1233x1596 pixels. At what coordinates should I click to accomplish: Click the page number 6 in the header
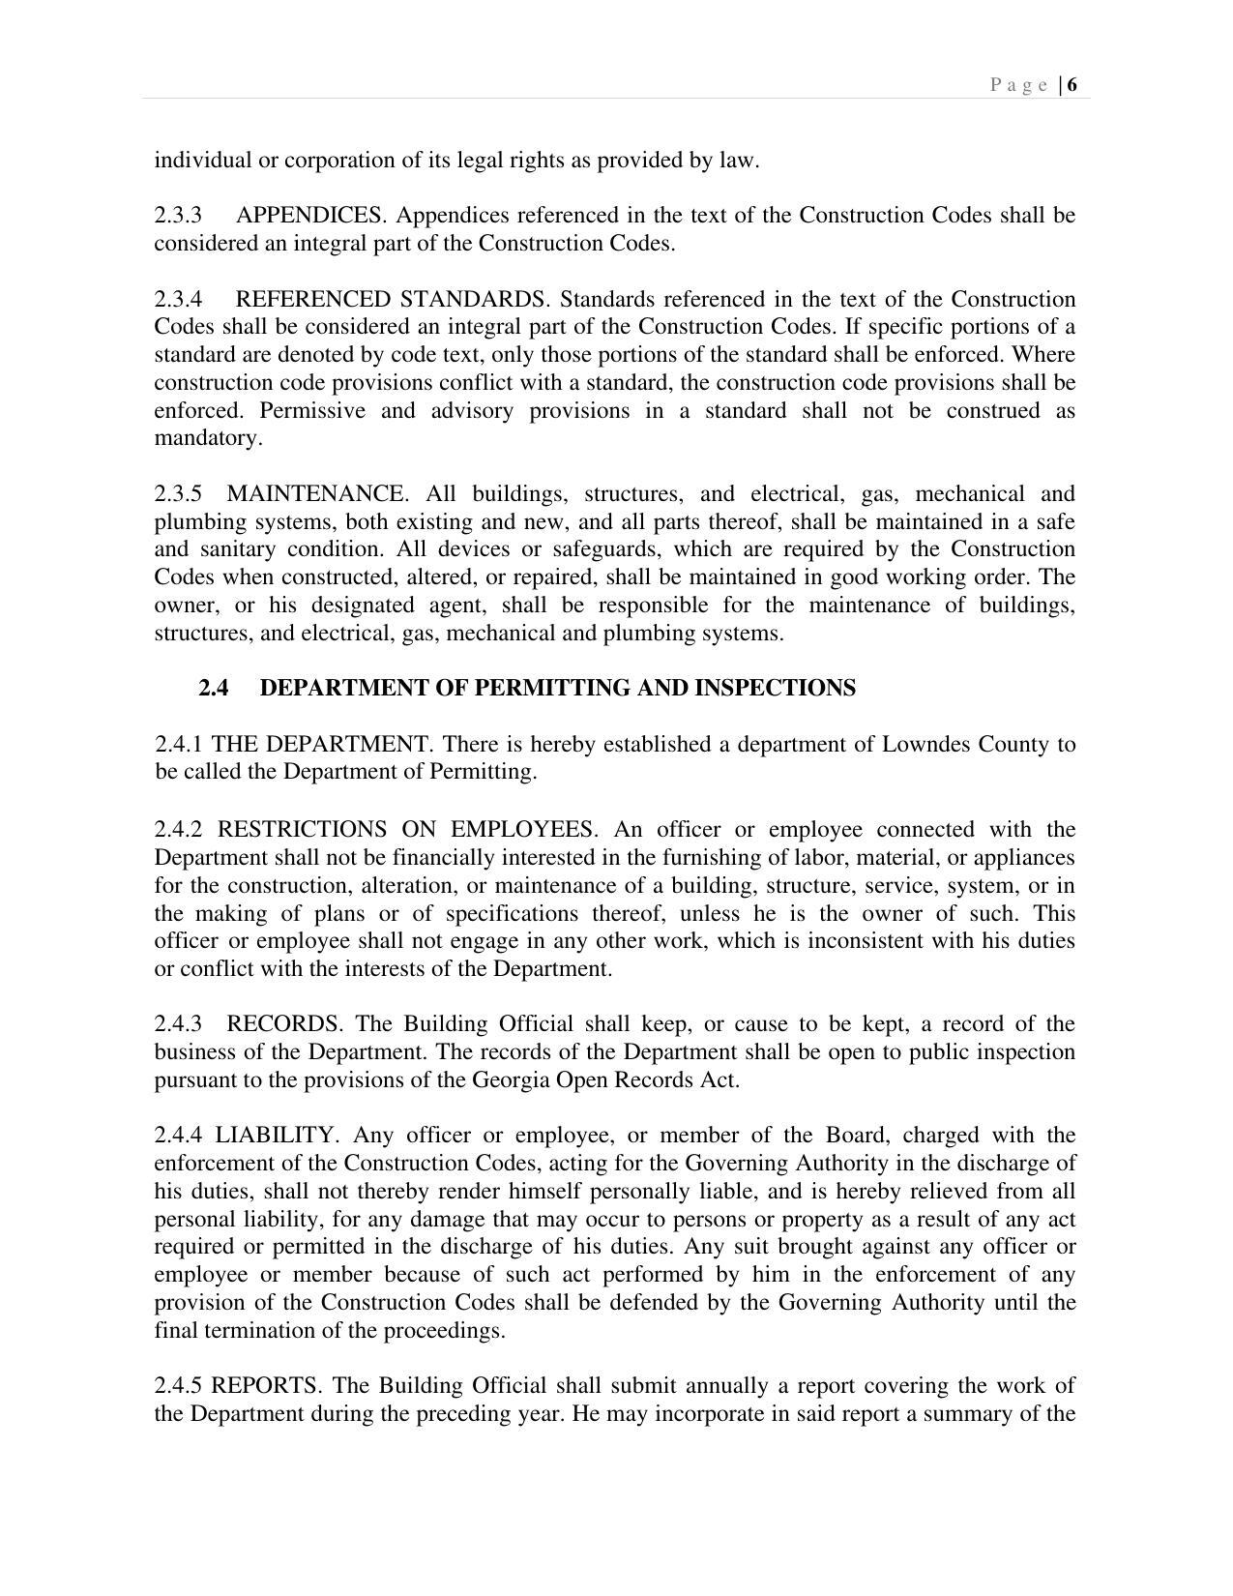1072,85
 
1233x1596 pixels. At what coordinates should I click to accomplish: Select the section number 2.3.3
178,215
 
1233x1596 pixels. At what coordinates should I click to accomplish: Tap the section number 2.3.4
178,299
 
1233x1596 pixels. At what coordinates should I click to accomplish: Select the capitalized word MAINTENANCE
317,494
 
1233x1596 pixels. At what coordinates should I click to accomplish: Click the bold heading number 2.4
214,688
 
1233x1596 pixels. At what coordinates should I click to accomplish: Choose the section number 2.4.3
178,1024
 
